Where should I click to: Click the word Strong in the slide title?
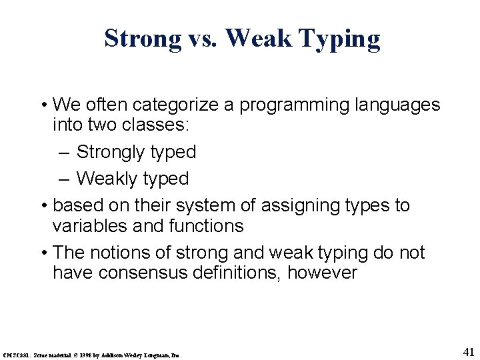pyautogui.click(x=142, y=39)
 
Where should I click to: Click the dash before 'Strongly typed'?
pyautogui.click(x=63, y=152)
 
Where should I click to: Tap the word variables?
pyautogui.click(x=93, y=226)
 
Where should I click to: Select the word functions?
pyautogui.click(x=209, y=226)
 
